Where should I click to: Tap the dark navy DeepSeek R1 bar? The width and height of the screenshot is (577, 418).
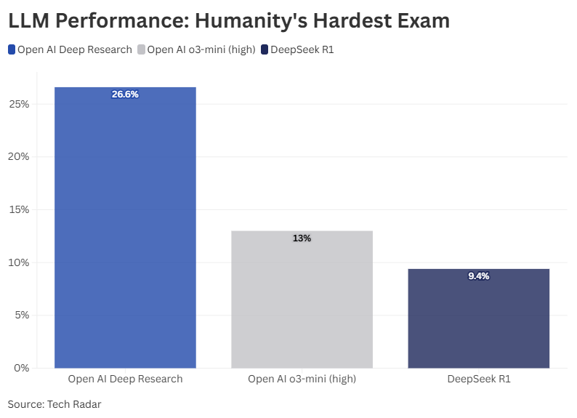coord(478,320)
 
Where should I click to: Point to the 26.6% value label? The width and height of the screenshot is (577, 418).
coord(125,95)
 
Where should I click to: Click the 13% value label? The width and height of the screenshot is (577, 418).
coord(302,238)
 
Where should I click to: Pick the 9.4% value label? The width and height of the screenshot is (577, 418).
coord(478,276)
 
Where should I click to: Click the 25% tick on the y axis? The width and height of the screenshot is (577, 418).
coord(20,104)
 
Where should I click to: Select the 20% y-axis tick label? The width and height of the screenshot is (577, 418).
coord(20,157)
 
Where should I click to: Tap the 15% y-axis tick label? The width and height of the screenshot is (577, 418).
coord(20,210)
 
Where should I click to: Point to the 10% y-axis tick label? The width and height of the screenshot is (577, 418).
coord(20,262)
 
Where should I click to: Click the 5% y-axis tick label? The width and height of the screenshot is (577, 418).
coord(22,315)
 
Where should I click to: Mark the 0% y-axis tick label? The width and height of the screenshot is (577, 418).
coord(22,368)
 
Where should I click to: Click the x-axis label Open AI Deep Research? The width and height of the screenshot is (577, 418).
coord(125,379)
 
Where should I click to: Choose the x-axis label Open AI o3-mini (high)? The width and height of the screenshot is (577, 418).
coord(302,379)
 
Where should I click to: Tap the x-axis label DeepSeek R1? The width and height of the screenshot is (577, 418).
coord(478,379)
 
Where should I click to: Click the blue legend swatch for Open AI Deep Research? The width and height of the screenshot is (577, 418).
coord(12,50)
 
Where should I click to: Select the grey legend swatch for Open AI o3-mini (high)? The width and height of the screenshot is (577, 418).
coord(141,50)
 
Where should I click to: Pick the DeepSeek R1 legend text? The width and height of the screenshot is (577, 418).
coord(302,50)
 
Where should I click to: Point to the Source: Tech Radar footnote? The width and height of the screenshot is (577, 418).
coord(55,404)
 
